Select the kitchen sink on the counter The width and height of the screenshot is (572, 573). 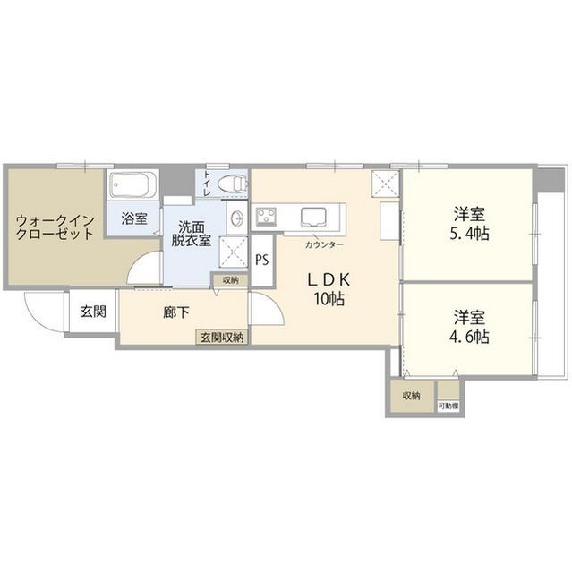point(314,217)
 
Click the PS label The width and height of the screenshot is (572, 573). point(261,261)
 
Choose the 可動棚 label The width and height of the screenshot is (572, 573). point(448,406)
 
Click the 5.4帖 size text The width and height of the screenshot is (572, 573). point(470,235)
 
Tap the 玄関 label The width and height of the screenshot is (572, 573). point(92,312)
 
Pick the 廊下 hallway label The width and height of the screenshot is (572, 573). point(175,313)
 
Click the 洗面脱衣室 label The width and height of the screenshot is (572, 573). point(192,233)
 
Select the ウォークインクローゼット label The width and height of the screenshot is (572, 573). point(55,225)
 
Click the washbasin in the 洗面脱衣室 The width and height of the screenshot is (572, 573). point(235,218)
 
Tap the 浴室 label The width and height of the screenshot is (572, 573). point(134,218)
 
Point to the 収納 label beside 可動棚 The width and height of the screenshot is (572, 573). point(411,396)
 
